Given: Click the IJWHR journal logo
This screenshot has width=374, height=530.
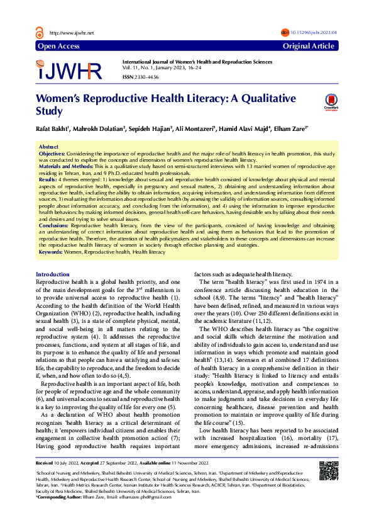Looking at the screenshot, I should (x=70, y=70).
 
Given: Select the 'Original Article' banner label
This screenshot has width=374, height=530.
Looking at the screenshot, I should (x=309, y=47).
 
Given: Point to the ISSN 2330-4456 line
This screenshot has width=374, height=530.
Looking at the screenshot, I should (x=141, y=77).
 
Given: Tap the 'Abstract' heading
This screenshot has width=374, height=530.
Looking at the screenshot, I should (x=49, y=146).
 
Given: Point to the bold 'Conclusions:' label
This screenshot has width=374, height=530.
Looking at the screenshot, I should (x=53, y=225).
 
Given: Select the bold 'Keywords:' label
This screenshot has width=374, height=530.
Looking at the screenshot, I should (x=52, y=252).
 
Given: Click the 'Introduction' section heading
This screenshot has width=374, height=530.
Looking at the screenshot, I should (x=53, y=274).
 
